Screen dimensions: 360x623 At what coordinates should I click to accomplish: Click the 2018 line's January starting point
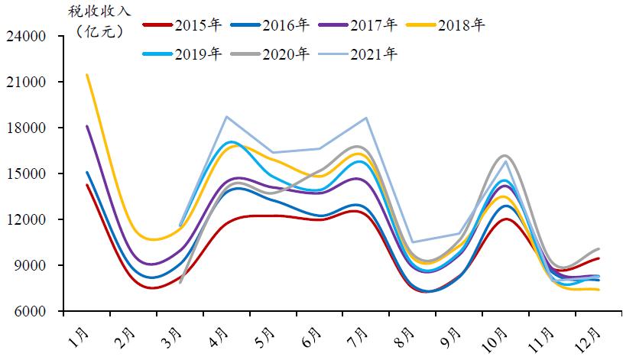tap(87, 75)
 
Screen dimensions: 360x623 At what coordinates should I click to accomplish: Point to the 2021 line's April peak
tap(227, 117)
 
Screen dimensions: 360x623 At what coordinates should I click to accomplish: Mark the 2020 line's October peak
tap(506, 155)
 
